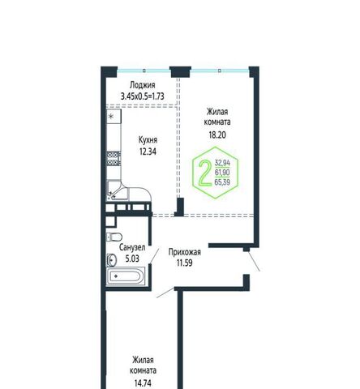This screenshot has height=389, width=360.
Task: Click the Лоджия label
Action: (x=143, y=85)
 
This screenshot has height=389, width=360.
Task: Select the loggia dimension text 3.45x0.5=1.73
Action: (x=142, y=96)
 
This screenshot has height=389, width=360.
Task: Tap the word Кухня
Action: (x=148, y=140)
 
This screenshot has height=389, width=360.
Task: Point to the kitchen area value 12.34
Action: (x=148, y=152)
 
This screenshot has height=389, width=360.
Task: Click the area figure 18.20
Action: (x=217, y=135)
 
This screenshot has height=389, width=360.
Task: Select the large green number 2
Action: (x=205, y=173)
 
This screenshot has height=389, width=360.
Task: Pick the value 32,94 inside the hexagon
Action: (x=222, y=163)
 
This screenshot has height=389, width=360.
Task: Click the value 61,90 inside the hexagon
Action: (x=222, y=173)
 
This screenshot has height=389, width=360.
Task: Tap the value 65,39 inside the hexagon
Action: (x=222, y=182)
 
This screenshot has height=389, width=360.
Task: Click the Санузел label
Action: (x=132, y=247)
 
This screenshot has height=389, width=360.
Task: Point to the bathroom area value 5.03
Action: (x=132, y=259)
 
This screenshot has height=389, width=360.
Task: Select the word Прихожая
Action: (x=185, y=252)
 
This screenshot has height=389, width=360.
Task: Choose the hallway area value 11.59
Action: (x=185, y=263)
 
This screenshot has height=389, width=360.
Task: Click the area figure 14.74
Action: (x=143, y=383)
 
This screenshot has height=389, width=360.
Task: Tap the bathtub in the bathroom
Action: (x=126, y=276)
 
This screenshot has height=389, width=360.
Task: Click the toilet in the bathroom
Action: (x=114, y=237)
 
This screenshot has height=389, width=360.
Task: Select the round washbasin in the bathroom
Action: (x=112, y=260)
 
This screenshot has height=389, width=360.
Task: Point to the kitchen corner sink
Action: (x=117, y=190)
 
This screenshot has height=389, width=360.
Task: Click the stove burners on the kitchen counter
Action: (x=114, y=159)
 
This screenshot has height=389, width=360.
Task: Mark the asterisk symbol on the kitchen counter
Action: (x=111, y=117)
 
